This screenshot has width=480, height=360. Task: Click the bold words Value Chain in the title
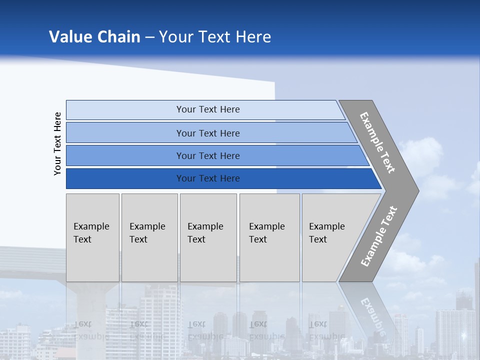(x=94, y=37)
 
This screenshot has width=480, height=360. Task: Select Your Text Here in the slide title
(x=215, y=37)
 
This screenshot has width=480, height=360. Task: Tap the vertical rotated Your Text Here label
(x=57, y=143)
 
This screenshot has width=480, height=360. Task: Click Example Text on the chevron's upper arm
(x=377, y=142)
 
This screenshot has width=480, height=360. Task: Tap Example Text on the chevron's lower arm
(x=379, y=236)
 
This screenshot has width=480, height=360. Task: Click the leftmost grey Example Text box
(x=92, y=237)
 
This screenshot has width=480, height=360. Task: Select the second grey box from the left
(x=149, y=237)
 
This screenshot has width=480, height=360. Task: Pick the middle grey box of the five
(x=208, y=237)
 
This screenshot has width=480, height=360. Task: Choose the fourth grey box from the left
(x=269, y=237)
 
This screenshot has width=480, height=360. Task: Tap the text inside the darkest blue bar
(x=208, y=178)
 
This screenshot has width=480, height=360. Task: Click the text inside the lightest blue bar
(x=208, y=109)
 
